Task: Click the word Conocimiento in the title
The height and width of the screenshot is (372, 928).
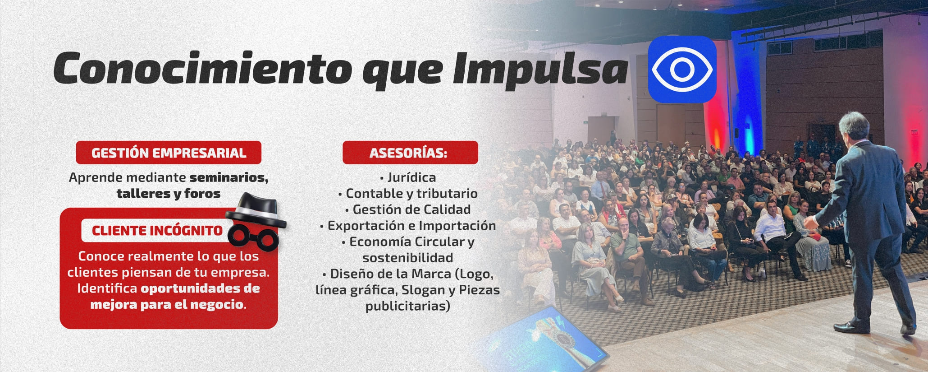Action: click(202, 68)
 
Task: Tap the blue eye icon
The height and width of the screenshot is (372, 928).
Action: click(682, 69)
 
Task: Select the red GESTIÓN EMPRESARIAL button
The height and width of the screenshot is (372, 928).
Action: click(169, 153)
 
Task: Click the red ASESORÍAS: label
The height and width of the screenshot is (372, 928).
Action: click(410, 153)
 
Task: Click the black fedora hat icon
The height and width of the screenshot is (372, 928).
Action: click(256, 211)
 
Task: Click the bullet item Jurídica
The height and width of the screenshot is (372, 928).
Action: click(408, 177)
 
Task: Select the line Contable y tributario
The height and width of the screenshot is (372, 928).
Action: click(408, 194)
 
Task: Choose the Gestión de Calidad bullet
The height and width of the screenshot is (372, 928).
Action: click(408, 209)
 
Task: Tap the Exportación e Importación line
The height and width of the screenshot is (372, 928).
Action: click(408, 226)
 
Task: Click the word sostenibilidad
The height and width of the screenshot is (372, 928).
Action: click(408, 258)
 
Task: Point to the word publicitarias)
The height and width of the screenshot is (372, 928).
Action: click(408, 306)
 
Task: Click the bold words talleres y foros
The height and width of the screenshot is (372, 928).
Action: click(169, 194)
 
